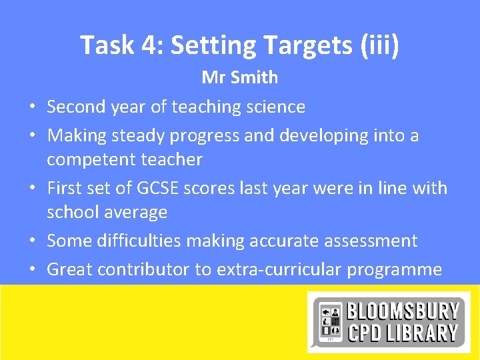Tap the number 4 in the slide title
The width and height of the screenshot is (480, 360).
147,45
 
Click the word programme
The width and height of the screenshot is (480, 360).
399,269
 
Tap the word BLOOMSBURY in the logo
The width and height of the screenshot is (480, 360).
403,311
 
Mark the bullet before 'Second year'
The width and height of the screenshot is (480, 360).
31,107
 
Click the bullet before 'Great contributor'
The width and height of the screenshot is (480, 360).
31,270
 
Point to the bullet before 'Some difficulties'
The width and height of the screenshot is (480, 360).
31,241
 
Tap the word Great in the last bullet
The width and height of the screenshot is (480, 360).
70,269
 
